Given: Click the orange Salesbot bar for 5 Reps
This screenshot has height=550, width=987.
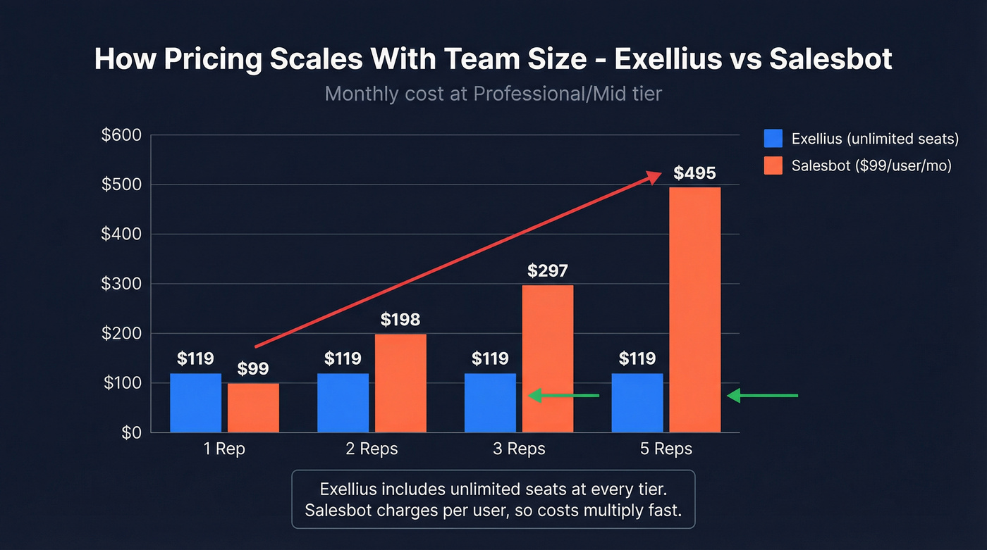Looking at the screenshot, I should click(694, 310).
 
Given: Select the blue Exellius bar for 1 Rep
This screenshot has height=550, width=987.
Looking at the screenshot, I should click(195, 403).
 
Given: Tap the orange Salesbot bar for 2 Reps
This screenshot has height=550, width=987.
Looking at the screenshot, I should click(400, 383).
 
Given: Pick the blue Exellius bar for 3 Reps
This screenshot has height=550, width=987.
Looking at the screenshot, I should click(490, 403).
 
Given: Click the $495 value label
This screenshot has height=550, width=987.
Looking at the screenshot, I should click(694, 173).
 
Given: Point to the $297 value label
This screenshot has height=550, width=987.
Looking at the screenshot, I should click(548, 271).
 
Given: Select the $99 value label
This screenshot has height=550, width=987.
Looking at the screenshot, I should click(253, 369).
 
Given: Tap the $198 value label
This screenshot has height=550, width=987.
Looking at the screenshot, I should click(400, 320).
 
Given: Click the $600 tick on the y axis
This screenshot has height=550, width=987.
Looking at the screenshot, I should click(122, 135).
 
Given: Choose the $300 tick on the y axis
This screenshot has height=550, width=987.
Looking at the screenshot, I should click(122, 284).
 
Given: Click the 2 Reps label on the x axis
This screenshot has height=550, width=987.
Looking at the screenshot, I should click(372, 449).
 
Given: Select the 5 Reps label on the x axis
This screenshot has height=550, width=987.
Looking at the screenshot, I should click(666, 449).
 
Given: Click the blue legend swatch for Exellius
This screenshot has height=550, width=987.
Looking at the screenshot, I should click(773, 139).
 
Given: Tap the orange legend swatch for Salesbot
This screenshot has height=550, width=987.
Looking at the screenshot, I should click(773, 165).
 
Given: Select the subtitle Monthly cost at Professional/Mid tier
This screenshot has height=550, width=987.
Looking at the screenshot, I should click(493, 94).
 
